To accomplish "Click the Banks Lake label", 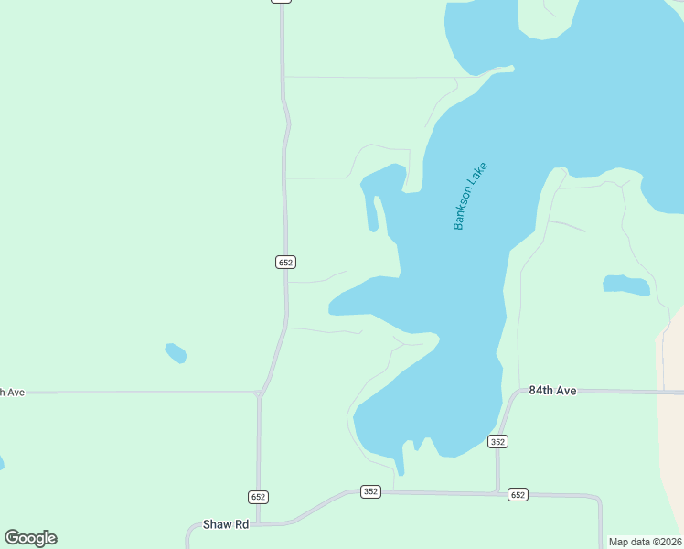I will click(x=471, y=196).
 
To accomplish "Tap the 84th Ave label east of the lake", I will click(x=552, y=391).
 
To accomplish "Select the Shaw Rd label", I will click(x=227, y=524).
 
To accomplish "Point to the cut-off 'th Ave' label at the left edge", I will click(x=12, y=392).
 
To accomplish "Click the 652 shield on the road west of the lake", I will click(x=285, y=262).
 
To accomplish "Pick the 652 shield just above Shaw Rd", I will click(x=258, y=496).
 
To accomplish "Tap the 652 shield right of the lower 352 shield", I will click(x=518, y=494).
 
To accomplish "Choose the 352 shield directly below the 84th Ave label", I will click(x=497, y=441).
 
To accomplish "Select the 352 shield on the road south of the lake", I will click(x=370, y=491).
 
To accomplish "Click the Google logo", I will click(x=30, y=538).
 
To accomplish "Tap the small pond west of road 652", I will click(x=176, y=352).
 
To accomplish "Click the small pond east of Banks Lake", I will click(x=626, y=285).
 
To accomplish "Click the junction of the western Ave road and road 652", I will click(x=259, y=393).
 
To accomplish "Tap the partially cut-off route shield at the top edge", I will click(x=281, y=2).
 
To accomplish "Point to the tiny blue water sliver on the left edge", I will click(x=1, y=464).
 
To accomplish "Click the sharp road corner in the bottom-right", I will click(x=599, y=500).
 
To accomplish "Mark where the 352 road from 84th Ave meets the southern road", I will click(x=497, y=493).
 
